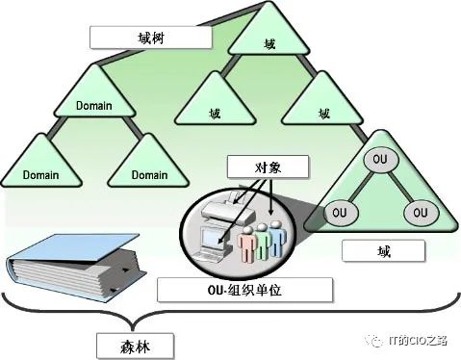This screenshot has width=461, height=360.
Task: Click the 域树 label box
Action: coord(151,38)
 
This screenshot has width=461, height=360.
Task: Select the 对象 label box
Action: coord(268,167)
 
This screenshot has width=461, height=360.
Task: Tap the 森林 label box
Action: coord(136,346)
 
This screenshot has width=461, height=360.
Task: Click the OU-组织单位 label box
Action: coord(244,290)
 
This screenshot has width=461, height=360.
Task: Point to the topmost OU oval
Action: coord(380,160)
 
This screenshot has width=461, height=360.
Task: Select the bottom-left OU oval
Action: coord(340,213)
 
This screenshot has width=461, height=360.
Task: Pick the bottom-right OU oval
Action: coord(421,213)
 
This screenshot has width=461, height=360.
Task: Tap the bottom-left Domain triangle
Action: coord(41,161)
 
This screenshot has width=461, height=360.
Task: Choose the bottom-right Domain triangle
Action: coord(148,161)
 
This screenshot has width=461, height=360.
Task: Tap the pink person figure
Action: coord(246,244)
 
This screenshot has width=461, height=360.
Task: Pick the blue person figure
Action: coord(276,238)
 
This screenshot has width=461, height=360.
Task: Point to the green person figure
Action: coord(262,241)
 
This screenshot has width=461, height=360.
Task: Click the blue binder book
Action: coord(75,267)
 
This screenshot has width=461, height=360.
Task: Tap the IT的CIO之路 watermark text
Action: coord(418,341)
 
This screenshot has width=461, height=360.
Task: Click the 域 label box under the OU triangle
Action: coord(384,251)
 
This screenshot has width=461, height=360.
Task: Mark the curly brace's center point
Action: coord(133,328)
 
